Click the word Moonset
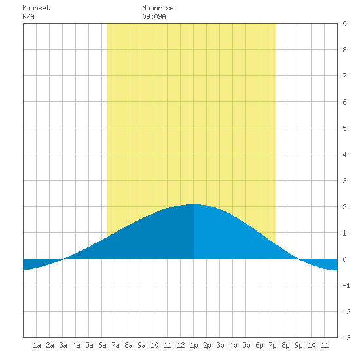(x=36, y=8)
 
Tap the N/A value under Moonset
(x=28, y=16)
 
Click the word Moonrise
(x=158, y=8)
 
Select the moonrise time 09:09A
(x=154, y=16)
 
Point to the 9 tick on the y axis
(x=344, y=24)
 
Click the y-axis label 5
(x=344, y=128)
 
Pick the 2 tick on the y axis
(x=344, y=207)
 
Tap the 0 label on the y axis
(x=344, y=259)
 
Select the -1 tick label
(x=346, y=285)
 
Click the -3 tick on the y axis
(x=346, y=338)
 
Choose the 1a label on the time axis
(x=37, y=345)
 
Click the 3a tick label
(x=63, y=345)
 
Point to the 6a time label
(x=102, y=345)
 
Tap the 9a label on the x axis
(x=141, y=345)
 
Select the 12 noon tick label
(x=181, y=345)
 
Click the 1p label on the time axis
(x=194, y=345)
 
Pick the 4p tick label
(x=233, y=345)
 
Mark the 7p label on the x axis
(x=272, y=345)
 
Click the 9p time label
(x=298, y=345)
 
